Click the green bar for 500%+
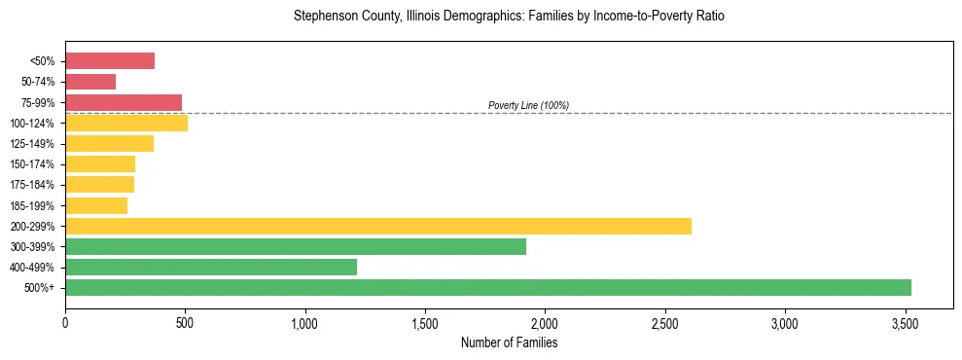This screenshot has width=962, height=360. [x=488, y=288]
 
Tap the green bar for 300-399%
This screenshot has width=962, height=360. [x=296, y=247]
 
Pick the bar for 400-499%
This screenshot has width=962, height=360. [x=211, y=268]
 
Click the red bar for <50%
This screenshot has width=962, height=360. [x=110, y=61]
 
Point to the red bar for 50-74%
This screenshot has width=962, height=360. [x=90, y=82]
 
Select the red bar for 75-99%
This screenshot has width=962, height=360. [x=124, y=102]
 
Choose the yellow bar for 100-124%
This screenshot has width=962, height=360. [x=126, y=124]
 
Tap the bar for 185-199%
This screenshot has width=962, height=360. [x=96, y=205]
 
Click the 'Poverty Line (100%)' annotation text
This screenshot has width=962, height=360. [x=528, y=105]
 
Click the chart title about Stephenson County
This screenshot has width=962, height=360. [x=509, y=17]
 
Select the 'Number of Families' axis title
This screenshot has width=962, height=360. [x=509, y=342]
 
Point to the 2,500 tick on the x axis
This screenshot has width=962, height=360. [x=665, y=322]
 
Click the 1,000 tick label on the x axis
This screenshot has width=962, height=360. [x=305, y=322]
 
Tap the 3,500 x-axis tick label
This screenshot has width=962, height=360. [x=906, y=322]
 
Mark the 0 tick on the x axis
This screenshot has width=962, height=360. [x=65, y=322]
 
